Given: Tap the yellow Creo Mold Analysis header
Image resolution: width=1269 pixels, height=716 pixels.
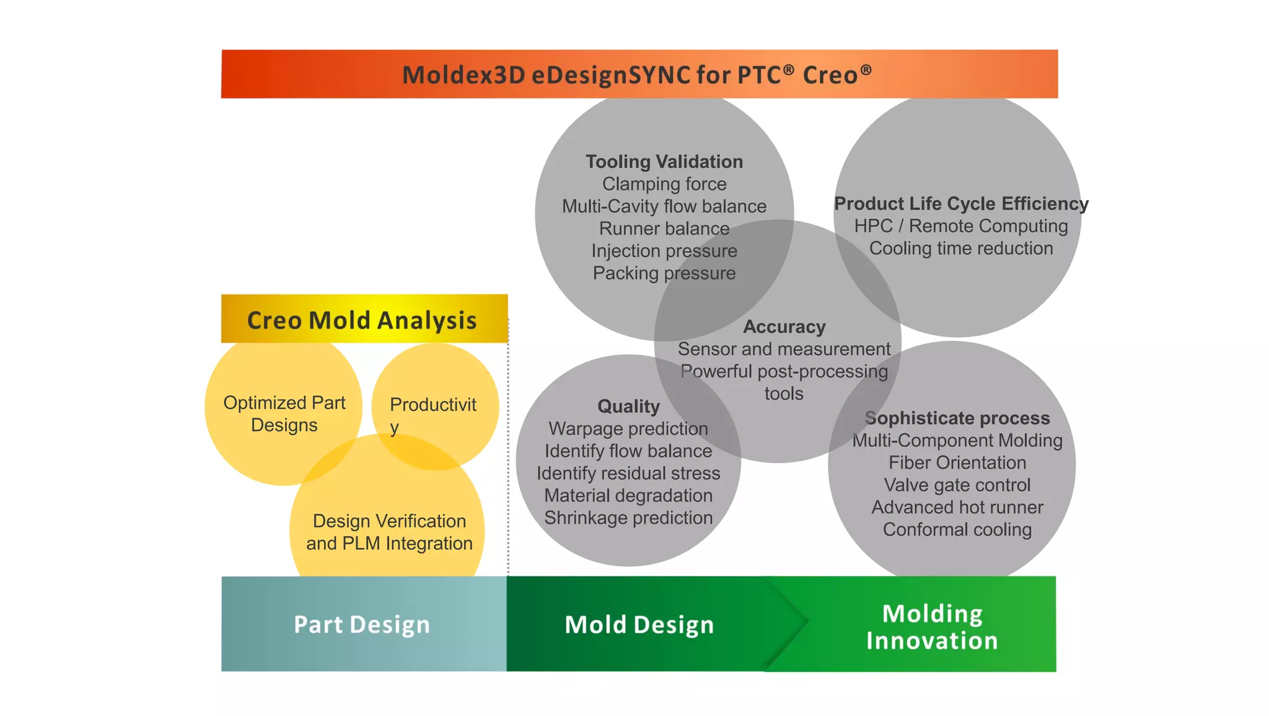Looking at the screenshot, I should (363, 320).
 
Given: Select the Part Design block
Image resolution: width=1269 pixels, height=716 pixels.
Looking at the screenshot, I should (362, 624).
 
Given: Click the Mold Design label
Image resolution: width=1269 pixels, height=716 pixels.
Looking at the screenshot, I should (639, 624).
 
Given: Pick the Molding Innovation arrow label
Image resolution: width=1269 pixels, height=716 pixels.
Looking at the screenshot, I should (932, 627).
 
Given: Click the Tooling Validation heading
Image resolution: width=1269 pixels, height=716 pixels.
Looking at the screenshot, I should (664, 162).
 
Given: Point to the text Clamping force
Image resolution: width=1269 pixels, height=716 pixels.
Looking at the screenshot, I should (664, 184).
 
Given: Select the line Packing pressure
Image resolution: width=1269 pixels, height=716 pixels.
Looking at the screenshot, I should (664, 273).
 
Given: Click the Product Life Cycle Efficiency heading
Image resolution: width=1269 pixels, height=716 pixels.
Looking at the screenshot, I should (961, 203).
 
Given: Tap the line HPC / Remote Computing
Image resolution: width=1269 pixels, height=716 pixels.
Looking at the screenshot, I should (961, 226).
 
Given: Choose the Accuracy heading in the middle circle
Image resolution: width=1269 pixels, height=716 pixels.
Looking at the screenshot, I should (784, 327).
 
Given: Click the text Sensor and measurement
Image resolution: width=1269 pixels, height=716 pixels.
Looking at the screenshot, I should (784, 349).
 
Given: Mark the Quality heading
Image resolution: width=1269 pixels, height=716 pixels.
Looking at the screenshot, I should (628, 406).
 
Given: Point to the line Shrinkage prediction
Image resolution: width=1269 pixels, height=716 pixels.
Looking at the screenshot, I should (628, 518).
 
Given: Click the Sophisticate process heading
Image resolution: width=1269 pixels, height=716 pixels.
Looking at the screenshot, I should (957, 418).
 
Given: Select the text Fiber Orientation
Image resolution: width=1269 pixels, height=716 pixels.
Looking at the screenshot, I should (957, 462).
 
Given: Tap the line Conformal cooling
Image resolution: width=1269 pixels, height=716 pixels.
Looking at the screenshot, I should (957, 529).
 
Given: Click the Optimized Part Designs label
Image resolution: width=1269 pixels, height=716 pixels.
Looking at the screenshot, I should (284, 413).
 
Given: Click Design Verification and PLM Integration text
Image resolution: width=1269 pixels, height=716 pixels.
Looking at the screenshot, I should (389, 532).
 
